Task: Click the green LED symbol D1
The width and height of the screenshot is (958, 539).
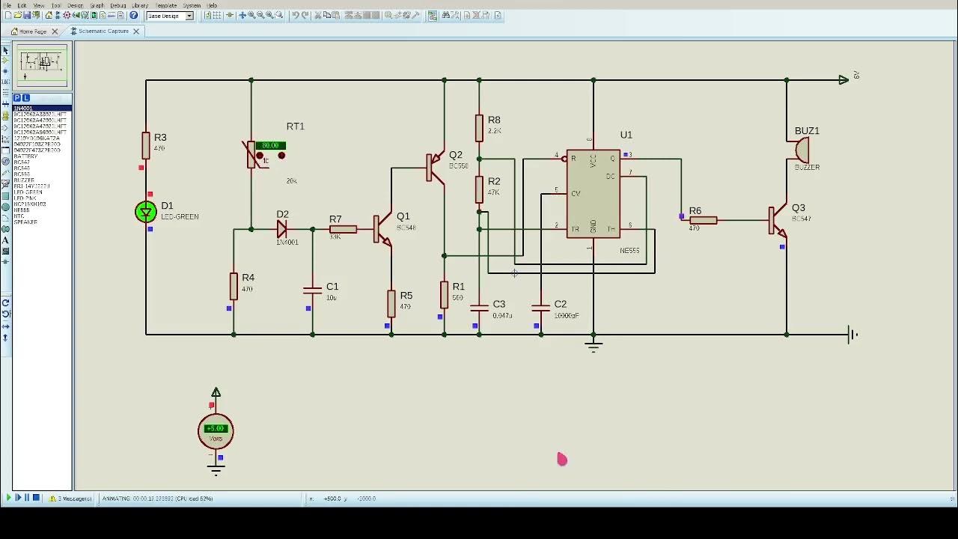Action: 146,212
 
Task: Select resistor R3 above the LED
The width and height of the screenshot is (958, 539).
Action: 146,144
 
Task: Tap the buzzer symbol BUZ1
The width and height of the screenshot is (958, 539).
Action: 802,150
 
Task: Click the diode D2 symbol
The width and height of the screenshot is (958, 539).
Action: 282,229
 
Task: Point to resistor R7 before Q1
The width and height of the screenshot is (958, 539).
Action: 343,229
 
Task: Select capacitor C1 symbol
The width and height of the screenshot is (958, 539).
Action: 312,290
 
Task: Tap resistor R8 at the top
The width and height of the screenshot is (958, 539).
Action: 479,128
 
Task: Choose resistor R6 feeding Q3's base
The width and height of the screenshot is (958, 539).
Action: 704,220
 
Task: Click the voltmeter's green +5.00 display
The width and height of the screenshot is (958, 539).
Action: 216,429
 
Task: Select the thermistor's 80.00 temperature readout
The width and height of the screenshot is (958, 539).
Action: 270,145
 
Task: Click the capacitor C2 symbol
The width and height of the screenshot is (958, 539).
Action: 540,307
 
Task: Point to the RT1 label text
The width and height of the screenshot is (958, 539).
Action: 295,126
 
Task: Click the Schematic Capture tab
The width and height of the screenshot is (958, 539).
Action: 103,31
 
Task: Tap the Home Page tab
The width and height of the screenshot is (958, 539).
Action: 32,31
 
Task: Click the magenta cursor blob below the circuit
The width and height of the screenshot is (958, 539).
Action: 562,459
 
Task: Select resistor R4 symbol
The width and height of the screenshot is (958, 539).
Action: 234,286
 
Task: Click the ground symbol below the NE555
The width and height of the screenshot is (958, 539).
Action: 594,345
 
